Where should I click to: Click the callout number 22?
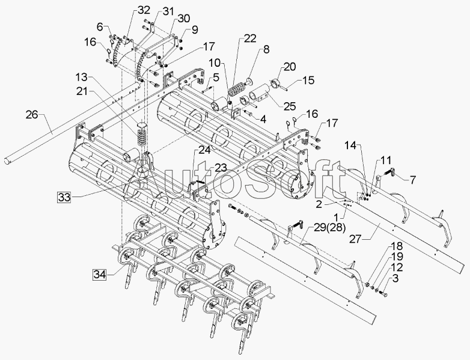click(249, 38)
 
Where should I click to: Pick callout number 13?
click(81, 77)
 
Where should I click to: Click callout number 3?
click(395, 278)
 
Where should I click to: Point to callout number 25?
click(290, 106)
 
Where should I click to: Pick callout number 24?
click(205, 150)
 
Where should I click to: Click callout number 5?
click(216, 77)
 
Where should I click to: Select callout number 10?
click(215, 62)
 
